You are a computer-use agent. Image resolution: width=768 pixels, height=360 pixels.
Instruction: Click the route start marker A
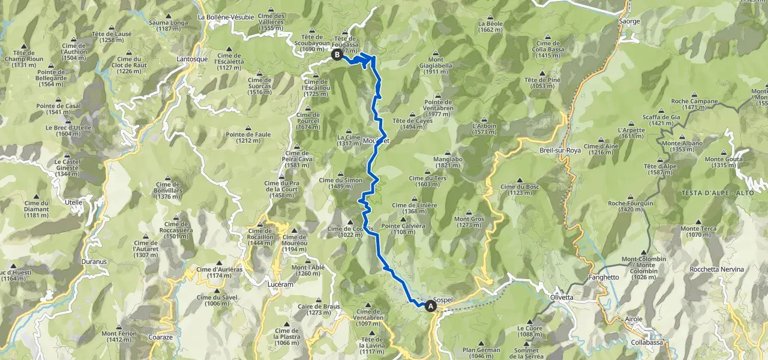coord(430,307)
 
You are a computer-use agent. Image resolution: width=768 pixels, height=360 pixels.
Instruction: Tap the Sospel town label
coord(442,299)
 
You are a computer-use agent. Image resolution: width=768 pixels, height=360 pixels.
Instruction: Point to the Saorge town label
coord(628,21)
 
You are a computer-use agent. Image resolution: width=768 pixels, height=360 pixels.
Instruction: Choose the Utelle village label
coord(74,202)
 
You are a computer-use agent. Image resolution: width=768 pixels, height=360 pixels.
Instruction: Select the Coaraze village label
coord(160,337)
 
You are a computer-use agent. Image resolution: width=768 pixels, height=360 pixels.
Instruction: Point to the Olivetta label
coord(562,297)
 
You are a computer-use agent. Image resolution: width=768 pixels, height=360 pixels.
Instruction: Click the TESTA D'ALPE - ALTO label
coord(709,193)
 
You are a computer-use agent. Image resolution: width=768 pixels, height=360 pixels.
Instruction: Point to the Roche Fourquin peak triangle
coord(631,197)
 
